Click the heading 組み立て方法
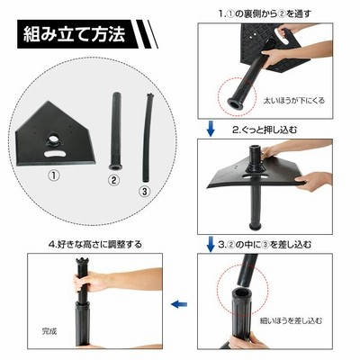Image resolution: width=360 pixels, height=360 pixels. click(x=75, y=34)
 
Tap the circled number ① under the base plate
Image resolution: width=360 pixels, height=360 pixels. click(x=54, y=175)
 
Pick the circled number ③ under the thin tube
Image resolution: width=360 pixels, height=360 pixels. click(x=145, y=191)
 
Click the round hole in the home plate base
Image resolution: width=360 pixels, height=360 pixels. click(x=55, y=139)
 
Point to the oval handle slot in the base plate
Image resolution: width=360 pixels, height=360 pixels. click(x=56, y=154)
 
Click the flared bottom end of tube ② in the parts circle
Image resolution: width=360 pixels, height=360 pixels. click(x=115, y=166)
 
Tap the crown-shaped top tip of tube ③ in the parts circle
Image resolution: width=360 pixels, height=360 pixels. click(x=149, y=96)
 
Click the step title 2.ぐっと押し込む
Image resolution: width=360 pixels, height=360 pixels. click(x=265, y=130)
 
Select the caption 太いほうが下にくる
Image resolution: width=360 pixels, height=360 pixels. click(x=293, y=101)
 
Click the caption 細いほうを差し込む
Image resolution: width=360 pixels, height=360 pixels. click(x=291, y=320)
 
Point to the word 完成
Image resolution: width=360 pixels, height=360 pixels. click(x=49, y=331)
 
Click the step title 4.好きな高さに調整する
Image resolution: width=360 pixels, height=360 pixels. click(x=94, y=245)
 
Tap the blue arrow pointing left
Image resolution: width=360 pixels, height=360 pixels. click(x=179, y=304)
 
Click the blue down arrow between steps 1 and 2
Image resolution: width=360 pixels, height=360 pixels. click(x=211, y=129)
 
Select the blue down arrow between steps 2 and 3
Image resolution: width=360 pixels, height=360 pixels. click(x=211, y=244)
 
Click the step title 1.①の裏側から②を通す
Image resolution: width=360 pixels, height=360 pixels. click(x=265, y=14)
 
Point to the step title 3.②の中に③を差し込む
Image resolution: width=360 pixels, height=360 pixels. click(x=265, y=245)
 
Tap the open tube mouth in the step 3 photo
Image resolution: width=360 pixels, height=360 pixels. click(x=241, y=292)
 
